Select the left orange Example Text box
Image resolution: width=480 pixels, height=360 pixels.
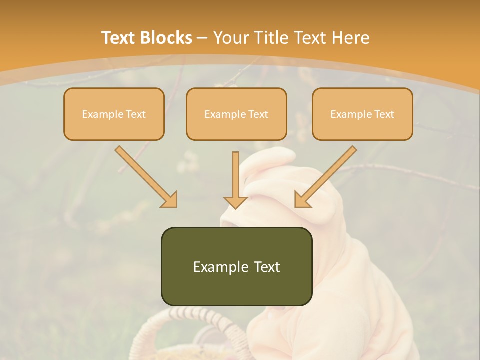point(114,114)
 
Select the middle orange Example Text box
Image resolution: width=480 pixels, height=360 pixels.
point(236,114)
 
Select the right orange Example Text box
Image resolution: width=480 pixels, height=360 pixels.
point(362,114)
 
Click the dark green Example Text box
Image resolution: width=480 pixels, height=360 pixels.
point(236,266)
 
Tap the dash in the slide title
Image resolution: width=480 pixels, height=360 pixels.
point(202,38)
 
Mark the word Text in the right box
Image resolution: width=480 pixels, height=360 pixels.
point(384,114)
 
